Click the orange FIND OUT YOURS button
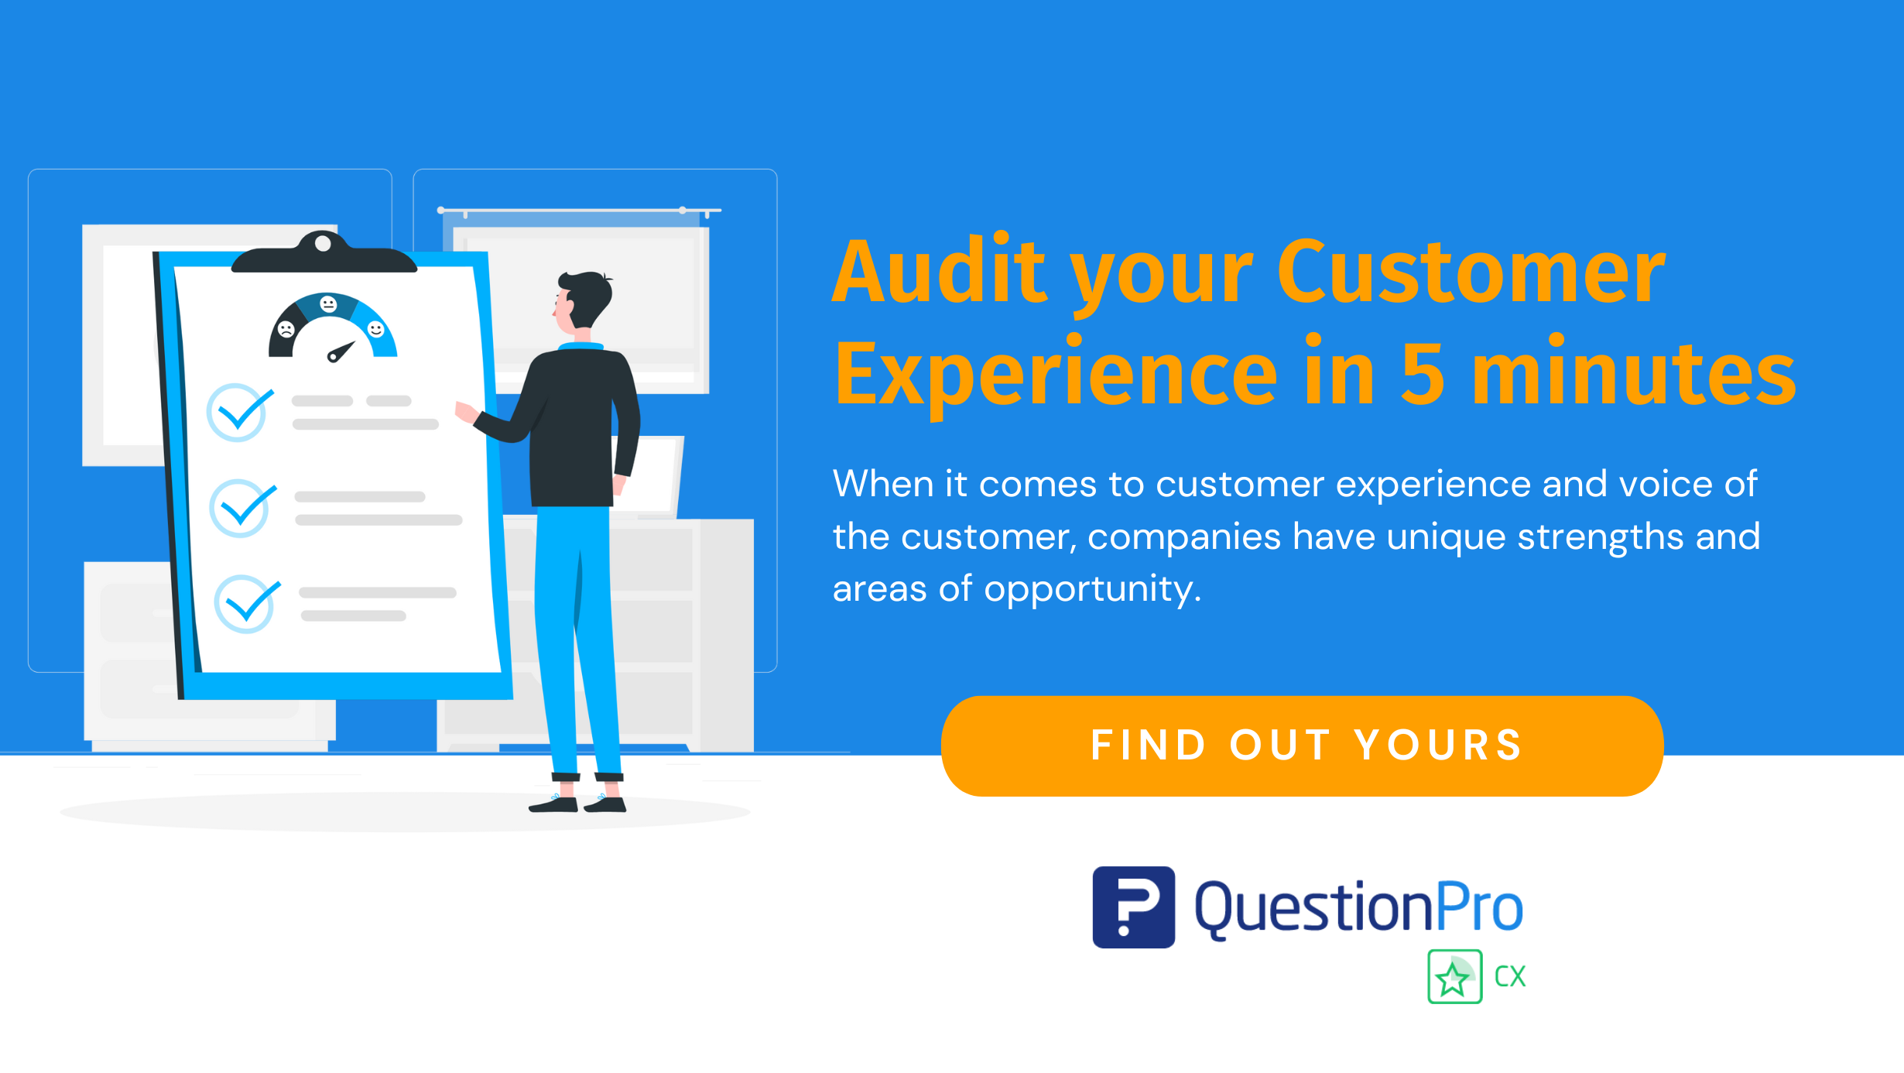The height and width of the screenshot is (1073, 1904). [1302, 746]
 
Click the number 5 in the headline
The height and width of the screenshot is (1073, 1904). [1423, 374]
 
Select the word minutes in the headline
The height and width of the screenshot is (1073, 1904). [1633, 374]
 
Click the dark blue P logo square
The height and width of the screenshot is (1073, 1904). [1133, 907]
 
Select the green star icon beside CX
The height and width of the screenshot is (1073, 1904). [1454, 977]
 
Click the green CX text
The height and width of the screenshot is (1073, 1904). [1510, 977]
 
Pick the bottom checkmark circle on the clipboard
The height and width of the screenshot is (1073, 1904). [245, 604]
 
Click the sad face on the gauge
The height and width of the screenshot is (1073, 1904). [286, 329]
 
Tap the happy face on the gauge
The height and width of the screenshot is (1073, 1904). [376, 329]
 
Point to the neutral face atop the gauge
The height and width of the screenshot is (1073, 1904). [328, 303]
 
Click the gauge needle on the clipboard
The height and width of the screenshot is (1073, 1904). [341, 351]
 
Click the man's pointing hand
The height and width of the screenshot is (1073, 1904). [465, 411]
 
